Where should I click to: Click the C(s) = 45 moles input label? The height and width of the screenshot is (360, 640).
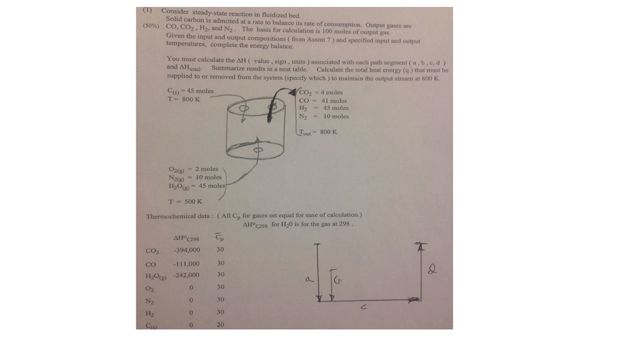pos(187,91)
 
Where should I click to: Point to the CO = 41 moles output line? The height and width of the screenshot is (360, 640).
pos(323,101)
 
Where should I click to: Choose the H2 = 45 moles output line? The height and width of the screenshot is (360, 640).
pos(324,108)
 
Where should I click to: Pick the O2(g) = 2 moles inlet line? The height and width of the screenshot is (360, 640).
pos(193,169)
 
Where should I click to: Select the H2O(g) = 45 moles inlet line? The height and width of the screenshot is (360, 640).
pos(196,186)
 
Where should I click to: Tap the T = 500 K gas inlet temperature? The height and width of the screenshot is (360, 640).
pos(185,201)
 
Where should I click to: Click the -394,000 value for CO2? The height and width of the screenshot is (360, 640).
pos(186,249)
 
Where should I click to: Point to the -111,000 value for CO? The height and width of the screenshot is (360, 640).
pos(186,263)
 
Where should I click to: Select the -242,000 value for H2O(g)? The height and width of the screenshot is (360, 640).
pos(186,274)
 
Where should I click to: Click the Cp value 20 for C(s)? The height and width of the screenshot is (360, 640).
pos(220,324)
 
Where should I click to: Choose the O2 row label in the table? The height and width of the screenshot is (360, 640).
pos(150,288)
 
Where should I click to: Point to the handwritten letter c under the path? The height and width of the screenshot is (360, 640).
pos(363,307)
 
